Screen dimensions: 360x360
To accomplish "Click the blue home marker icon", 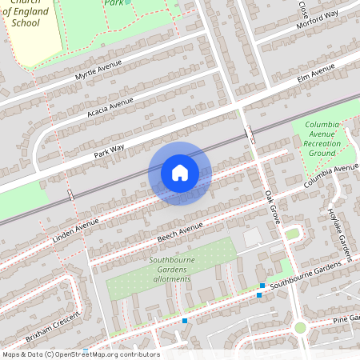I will point(180,173).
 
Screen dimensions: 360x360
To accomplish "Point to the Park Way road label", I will point(110,149).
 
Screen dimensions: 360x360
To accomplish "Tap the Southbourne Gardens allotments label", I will point(170,270).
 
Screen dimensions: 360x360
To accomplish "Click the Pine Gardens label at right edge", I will point(346,319).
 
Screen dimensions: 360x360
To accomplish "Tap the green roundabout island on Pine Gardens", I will point(300,327).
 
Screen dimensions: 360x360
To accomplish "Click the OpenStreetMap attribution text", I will point(80,354).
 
